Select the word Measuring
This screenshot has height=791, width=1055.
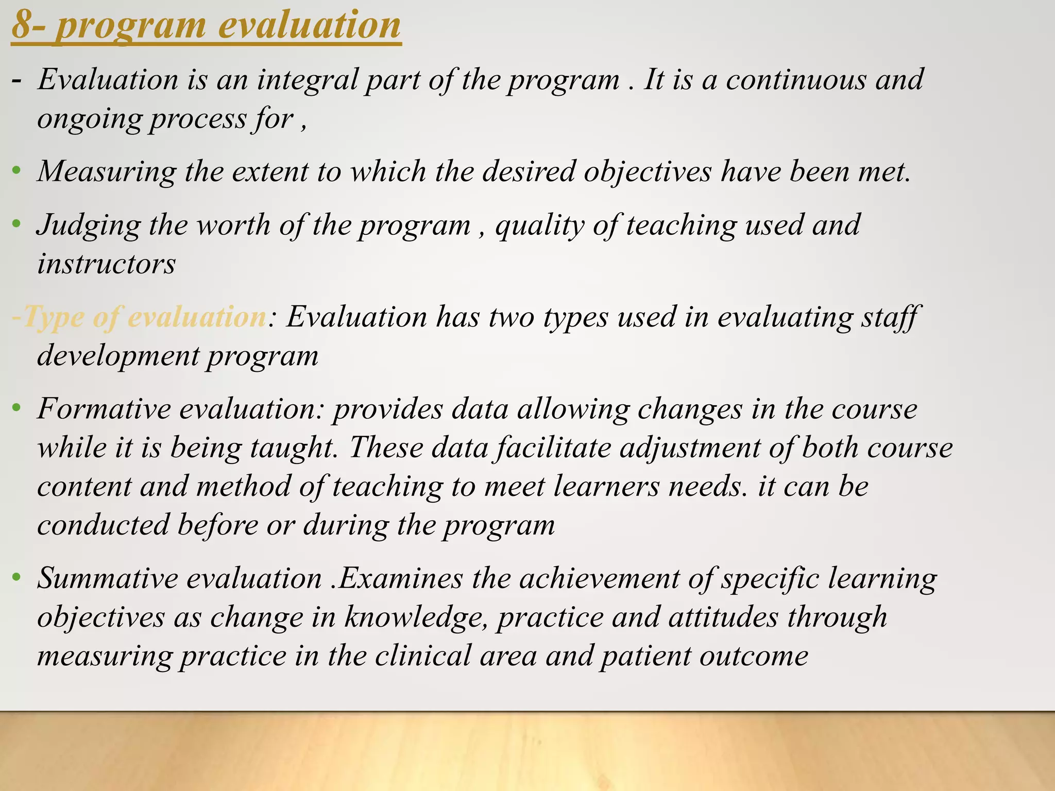106,172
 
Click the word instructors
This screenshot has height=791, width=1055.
106,264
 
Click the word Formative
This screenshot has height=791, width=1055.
104,409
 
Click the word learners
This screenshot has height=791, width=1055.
606,487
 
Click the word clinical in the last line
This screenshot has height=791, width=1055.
422,656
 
